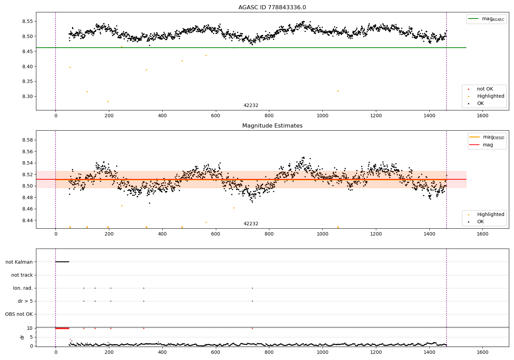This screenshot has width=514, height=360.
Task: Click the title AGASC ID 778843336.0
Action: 272,8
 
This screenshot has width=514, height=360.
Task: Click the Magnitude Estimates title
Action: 272,126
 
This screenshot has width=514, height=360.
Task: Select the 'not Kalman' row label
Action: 19,262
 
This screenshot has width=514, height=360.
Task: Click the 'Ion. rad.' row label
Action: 23,288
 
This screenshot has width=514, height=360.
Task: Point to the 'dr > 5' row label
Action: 25,301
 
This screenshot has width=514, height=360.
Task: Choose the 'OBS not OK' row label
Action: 19,314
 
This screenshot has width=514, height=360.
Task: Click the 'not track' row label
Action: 22,275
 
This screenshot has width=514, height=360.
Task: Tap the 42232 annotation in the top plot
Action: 251,106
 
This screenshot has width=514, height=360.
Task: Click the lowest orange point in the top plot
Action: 108,101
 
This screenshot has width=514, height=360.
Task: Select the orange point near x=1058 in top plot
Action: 338,91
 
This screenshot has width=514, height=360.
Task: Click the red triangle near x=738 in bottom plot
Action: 252,328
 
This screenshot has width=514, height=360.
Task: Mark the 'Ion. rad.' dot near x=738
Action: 252,288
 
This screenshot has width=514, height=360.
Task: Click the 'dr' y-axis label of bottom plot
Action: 22,337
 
